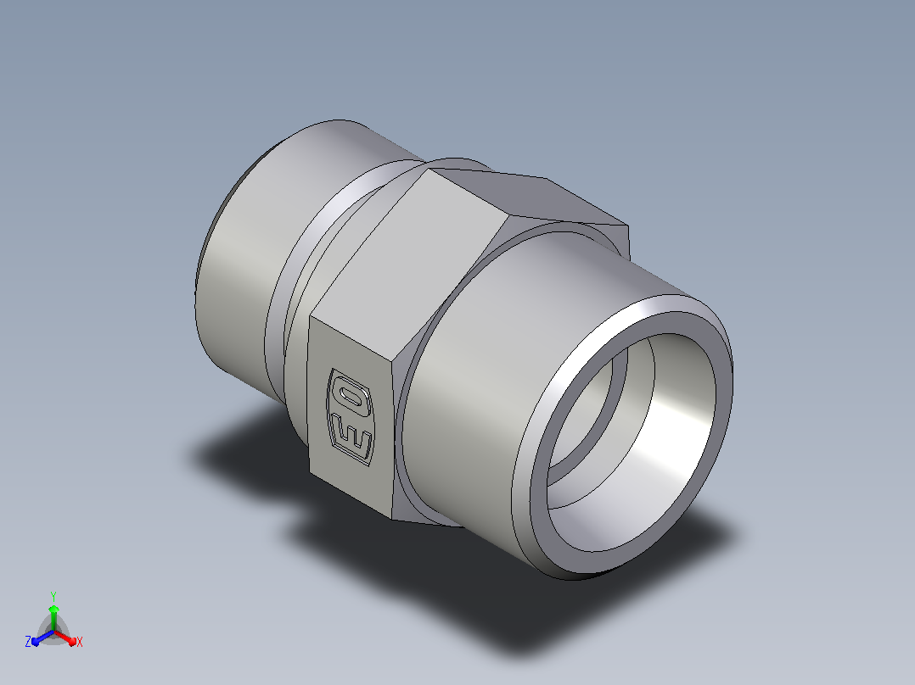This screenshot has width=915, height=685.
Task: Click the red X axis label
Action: coord(80,642)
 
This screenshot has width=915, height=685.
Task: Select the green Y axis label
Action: coord(53,596)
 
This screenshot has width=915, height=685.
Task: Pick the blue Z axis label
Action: coord(27,642)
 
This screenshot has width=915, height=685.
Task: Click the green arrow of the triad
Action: coord(53,617)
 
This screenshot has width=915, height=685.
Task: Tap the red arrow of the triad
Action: coord(65,638)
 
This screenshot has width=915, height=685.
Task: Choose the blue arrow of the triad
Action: coord(42,638)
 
